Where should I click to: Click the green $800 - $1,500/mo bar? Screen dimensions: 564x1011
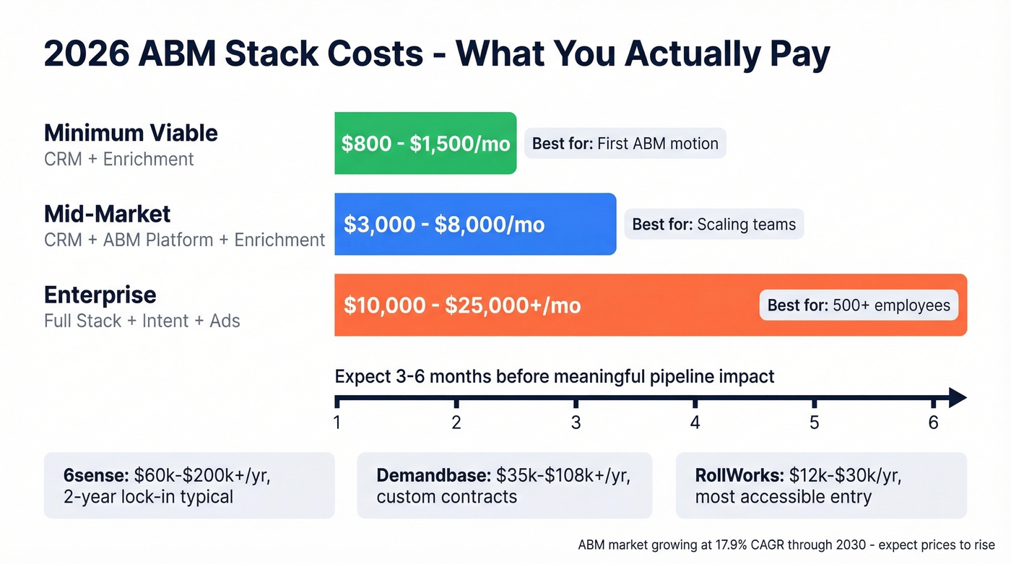[x=425, y=143]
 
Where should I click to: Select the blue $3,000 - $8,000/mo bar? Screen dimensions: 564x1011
[x=475, y=224]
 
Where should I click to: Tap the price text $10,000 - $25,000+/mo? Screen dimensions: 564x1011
[x=462, y=305]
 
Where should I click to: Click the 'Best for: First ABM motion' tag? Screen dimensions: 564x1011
[x=625, y=144]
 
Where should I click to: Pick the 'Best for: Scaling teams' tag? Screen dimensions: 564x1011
[x=713, y=225]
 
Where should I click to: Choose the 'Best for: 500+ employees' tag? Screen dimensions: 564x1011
[x=859, y=305]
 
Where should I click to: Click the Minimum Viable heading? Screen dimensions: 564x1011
[x=131, y=133]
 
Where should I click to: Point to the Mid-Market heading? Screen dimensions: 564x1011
[x=107, y=214]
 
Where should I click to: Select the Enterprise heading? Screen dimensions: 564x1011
[x=100, y=295]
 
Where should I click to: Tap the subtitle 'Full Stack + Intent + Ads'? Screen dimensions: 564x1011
[x=142, y=321]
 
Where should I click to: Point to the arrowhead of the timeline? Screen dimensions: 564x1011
[x=958, y=397]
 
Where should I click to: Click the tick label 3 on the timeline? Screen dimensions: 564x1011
[x=576, y=422]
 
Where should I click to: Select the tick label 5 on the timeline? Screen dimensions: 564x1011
[x=814, y=422]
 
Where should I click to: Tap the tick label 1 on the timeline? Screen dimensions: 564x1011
[x=337, y=422]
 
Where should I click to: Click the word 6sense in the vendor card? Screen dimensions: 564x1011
[x=96, y=475]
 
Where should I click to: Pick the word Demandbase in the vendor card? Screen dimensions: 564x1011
[x=434, y=475]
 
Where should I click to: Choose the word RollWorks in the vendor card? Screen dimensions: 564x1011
[x=738, y=475]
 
